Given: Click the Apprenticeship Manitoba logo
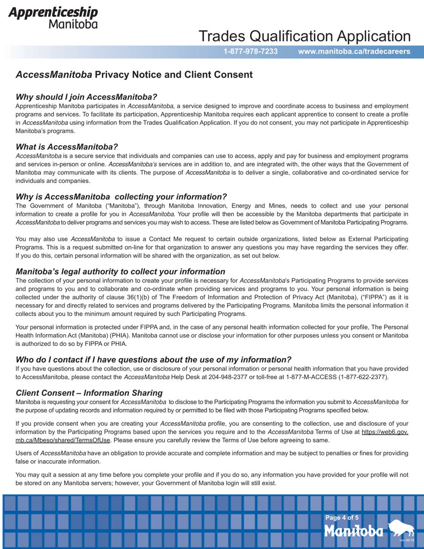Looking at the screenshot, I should [53, 17].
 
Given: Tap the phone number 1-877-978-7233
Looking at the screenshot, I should [251, 51].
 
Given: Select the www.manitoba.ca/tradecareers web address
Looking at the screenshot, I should [354, 51].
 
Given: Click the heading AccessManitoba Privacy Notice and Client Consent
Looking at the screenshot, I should [134, 75].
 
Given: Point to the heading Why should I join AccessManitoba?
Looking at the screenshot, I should [86, 97].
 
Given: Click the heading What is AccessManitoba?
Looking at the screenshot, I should [67, 146].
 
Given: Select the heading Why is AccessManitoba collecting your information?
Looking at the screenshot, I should [121, 196].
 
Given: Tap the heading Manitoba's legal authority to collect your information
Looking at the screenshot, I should [120, 271].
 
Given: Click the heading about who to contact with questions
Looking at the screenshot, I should [154, 359].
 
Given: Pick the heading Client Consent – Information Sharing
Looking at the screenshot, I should [89, 392].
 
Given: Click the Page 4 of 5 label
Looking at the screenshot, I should [342, 518].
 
